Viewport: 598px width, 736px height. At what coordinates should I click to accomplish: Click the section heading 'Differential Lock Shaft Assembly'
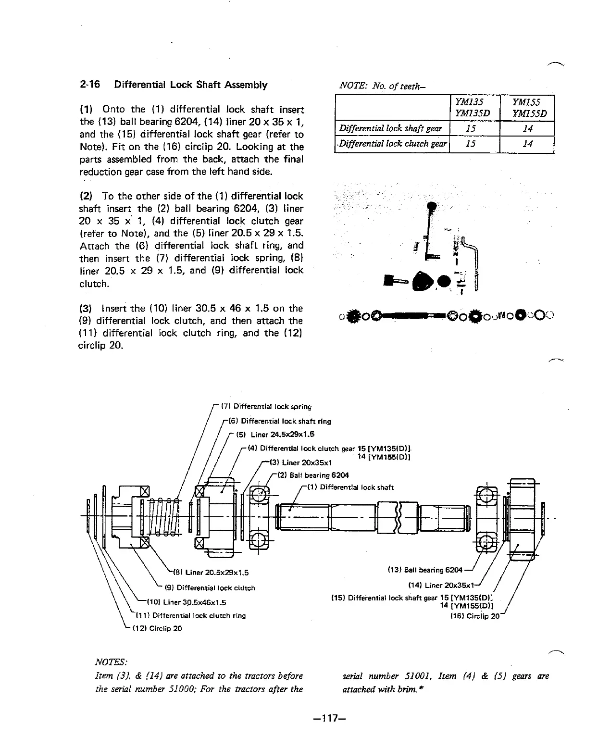[x=190, y=85]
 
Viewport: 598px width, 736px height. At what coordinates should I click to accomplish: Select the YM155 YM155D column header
[x=527, y=108]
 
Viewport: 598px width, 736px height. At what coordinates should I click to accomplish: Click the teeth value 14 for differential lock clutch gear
[x=527, y=144]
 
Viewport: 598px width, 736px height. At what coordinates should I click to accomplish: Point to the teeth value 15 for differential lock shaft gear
[x=473, y=128]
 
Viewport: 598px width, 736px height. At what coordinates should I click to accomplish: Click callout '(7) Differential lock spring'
[x=266, y=407]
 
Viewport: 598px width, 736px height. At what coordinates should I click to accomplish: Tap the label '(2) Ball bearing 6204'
[x=313, y=475]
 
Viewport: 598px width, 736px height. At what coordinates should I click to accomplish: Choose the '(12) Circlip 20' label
[x=157, y=628]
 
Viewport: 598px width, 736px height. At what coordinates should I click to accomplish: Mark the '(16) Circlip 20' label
[x=474, y=616]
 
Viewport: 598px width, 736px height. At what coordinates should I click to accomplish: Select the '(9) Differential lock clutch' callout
[x=210, y=587]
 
